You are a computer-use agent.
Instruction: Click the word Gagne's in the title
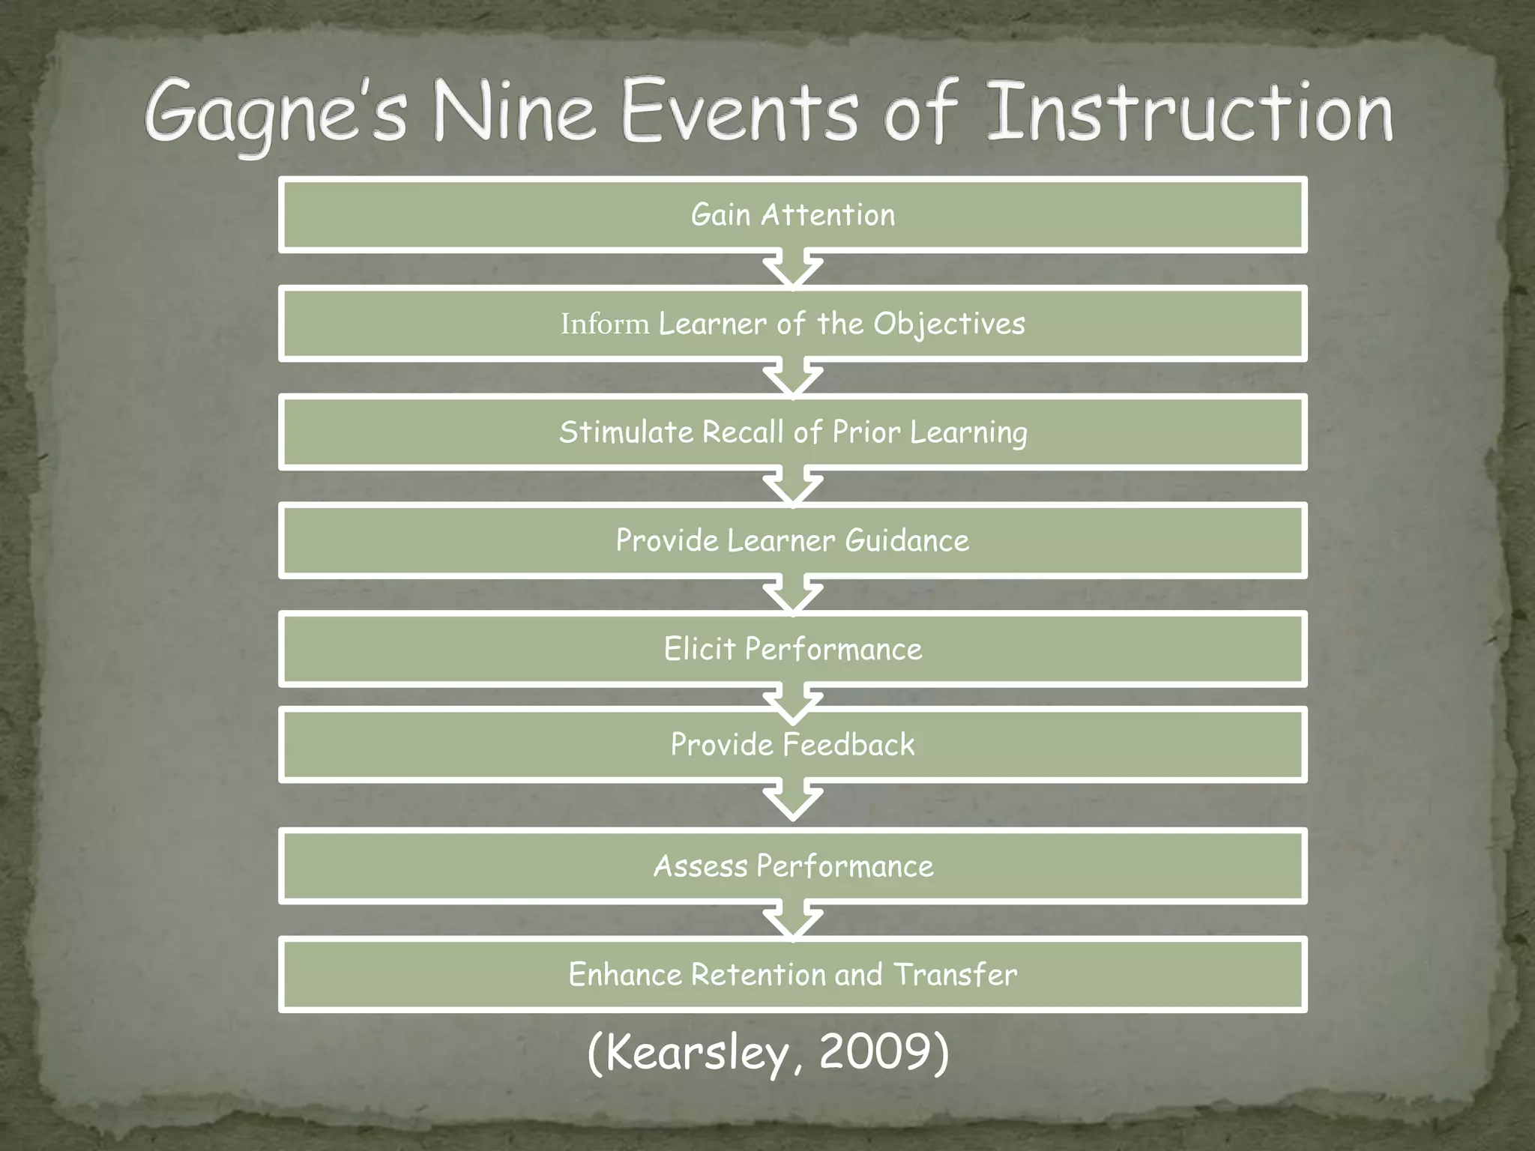(276, 114)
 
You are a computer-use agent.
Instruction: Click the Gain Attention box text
(793, 215)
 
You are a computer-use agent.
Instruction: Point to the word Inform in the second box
(605, 324)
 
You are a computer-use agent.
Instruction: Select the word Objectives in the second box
(949, 324)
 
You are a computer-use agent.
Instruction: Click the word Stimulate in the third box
(627, 432)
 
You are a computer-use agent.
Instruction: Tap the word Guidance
(907, 541)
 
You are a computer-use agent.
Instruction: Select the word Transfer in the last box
(956, 975)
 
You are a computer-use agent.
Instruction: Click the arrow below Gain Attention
(793, 271)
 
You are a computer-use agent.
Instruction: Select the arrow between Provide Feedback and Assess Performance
(793, 801)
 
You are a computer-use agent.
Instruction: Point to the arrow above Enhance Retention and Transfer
(793, 922)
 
